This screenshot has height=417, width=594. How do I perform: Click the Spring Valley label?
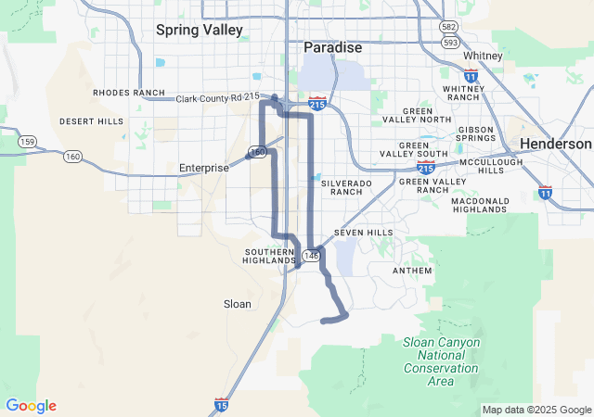(199, 30)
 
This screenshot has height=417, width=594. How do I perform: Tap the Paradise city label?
(334, 47)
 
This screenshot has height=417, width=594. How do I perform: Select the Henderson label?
(555, 144)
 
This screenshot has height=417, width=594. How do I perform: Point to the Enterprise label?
(203, 168)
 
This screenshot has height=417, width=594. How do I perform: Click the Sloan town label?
(238, 303)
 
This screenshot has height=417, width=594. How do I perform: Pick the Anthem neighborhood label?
(412, 271)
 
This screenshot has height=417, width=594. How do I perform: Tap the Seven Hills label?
(363, 233)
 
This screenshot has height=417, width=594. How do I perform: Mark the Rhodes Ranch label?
(128, 93)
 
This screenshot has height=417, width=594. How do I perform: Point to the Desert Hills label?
(91, 121)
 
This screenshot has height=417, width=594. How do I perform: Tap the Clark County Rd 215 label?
(218, 96)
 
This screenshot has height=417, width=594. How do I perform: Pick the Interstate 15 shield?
(220, 404)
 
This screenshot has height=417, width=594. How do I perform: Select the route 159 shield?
(27, 142)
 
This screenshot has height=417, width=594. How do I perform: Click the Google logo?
(31, 406)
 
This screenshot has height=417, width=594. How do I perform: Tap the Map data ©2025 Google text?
(536, 410)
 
